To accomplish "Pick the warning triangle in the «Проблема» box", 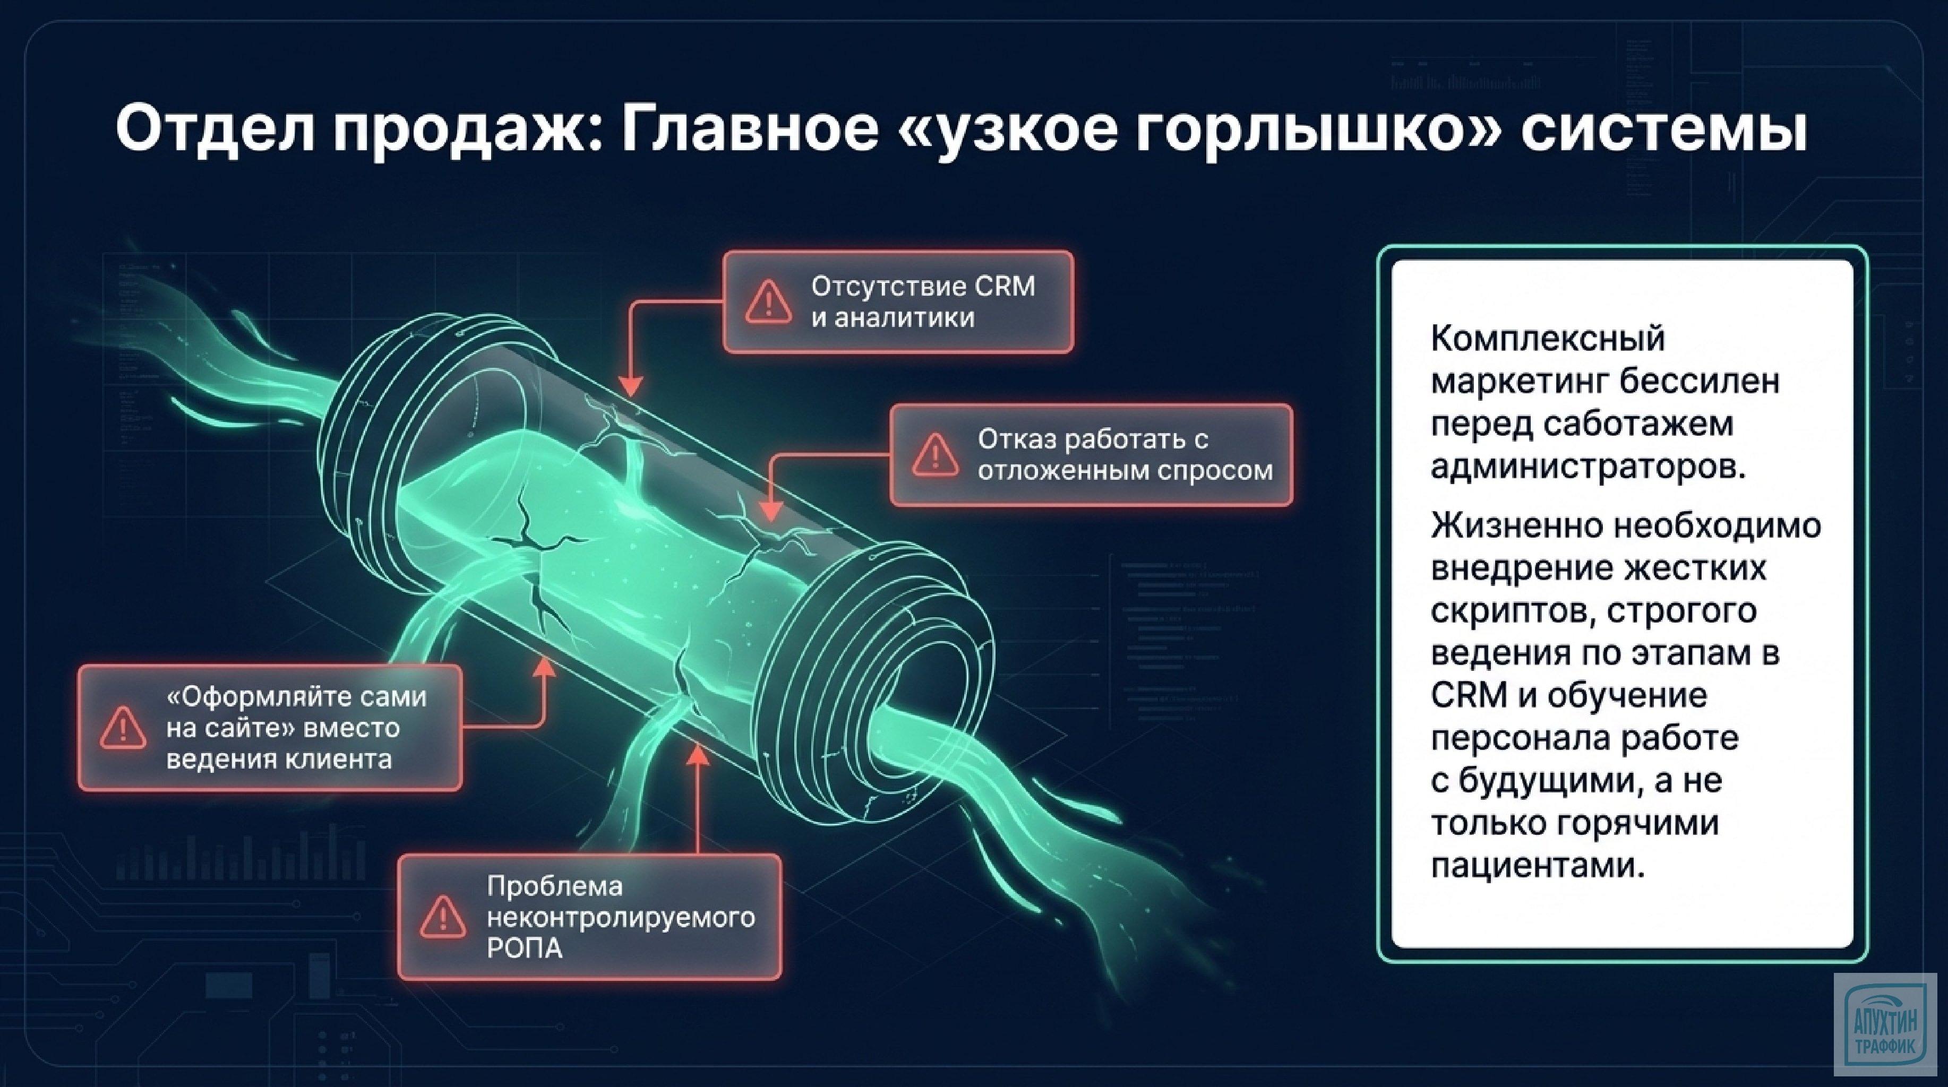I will click(442, 917).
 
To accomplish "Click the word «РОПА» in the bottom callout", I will click(524, 948).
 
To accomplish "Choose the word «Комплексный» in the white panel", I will click(1547, 338).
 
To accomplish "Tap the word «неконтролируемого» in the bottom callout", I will click(620, 918).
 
